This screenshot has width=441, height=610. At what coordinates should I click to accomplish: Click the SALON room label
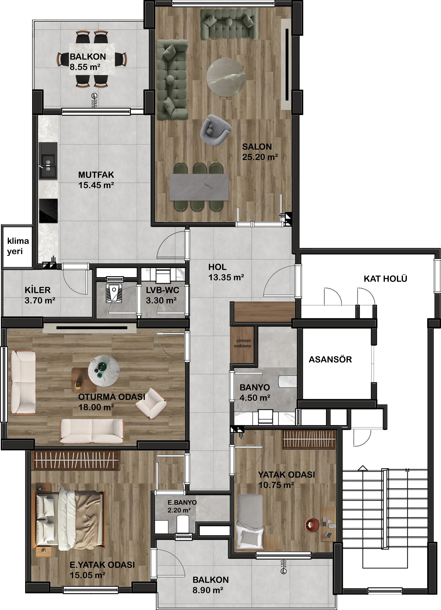[x=257, y=147]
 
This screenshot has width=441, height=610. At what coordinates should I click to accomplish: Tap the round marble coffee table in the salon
[x=226, y=77]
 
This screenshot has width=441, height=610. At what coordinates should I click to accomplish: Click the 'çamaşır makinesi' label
[x=242, y=343]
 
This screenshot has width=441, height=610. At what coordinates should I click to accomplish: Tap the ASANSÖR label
[x=330, y=360]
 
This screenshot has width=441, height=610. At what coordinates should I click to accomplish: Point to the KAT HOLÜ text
[x=385, y=279]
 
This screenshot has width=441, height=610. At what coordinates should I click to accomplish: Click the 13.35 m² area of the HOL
[x=226, y=277]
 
